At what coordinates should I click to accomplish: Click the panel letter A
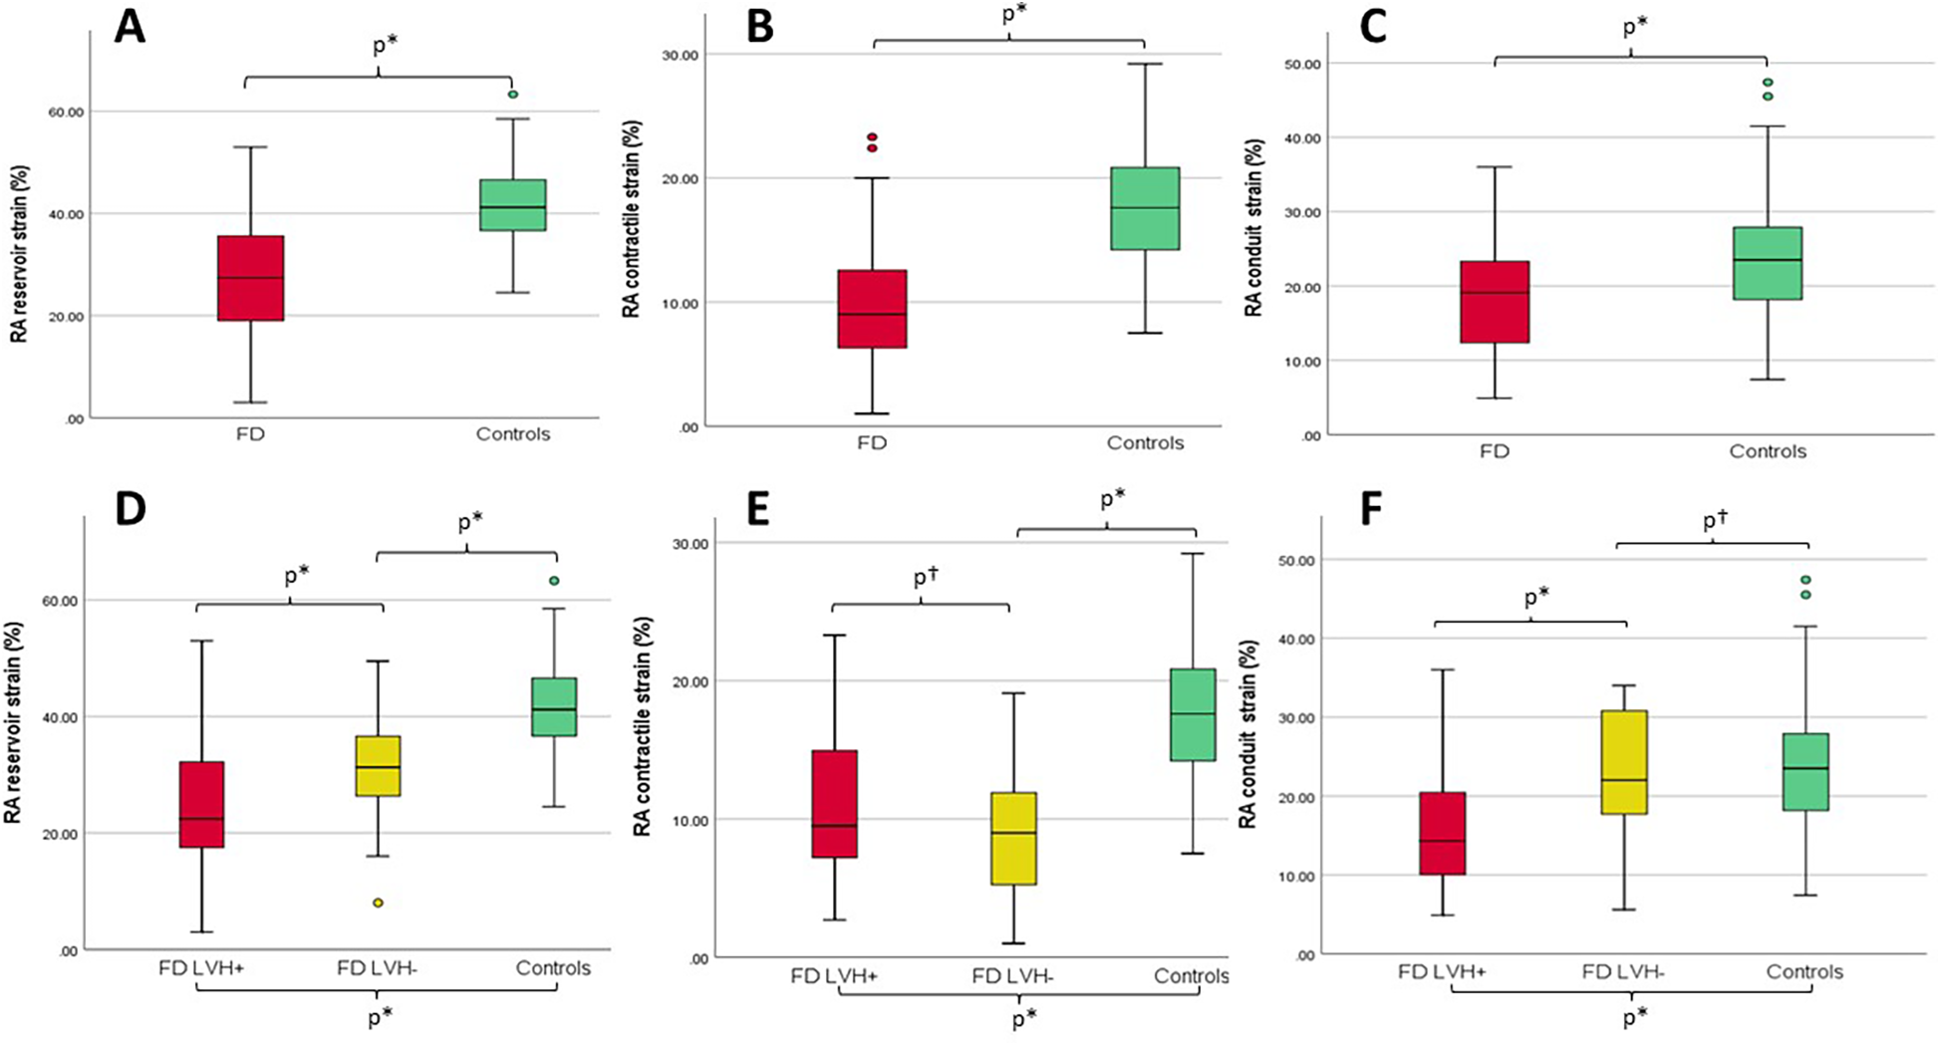coord(131,28)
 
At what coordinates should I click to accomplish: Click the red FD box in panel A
coord(251,278)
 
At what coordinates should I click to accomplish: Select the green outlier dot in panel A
coord(513,95)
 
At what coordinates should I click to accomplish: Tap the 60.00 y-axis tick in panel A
coord(67,113)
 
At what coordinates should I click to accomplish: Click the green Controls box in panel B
coord(1145,208)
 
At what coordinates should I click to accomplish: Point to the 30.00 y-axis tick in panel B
coord(681,55)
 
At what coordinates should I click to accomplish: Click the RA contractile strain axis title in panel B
coord(632,219)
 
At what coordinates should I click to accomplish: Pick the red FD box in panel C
coord(1495,302)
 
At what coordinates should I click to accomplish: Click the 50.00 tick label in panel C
coord(1301,64)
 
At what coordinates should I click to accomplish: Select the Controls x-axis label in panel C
coord(1767,451)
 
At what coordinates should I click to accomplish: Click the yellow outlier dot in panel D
coord(378,903)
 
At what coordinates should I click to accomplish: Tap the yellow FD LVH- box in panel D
coord(378,765)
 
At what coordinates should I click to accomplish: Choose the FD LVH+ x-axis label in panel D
coord(201,967)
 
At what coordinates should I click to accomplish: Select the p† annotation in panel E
coord(926,577)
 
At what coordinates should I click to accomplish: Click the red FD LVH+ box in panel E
coord(834,803)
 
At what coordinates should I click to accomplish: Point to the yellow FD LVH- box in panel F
coord(1624,762)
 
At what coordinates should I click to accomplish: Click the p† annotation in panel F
coord(1714,520)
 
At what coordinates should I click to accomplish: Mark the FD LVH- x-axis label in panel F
coord(1622,971)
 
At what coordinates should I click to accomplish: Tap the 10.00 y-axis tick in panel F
coord(1297,877)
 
